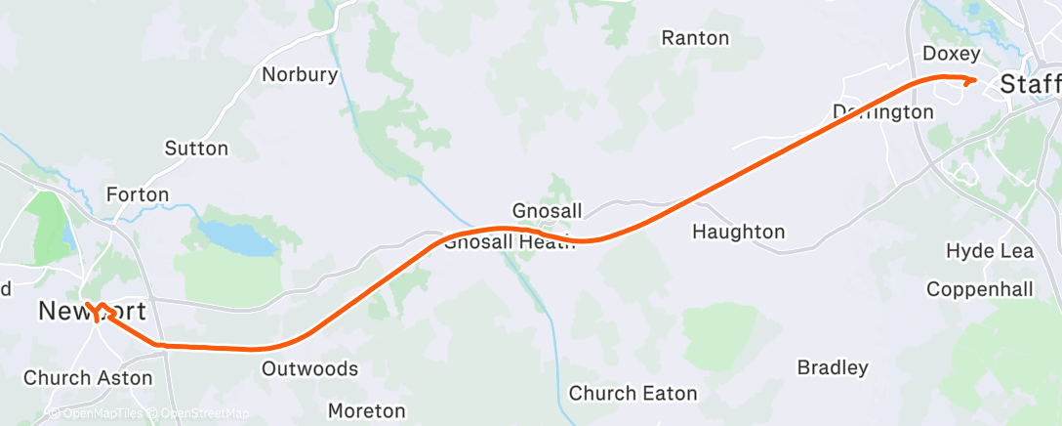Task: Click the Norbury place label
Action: [300, 74]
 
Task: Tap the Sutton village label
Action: [196, 149]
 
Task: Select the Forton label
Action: [138, 194]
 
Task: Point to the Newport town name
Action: [93, 313]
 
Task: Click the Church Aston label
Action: [88, 377]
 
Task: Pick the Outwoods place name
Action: [310, 369]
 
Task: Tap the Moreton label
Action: [367, 410]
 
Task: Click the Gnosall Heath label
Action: [502, 242]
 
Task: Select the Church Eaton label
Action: [633, 394]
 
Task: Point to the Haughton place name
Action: [739, 232]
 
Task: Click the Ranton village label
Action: [695, 38]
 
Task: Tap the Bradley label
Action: [833, 368]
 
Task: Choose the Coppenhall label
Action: [979, 289]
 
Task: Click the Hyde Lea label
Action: [990, 251]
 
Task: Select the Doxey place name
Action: [951, 53]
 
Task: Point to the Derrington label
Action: [883, 112]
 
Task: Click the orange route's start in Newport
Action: [87, 304]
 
